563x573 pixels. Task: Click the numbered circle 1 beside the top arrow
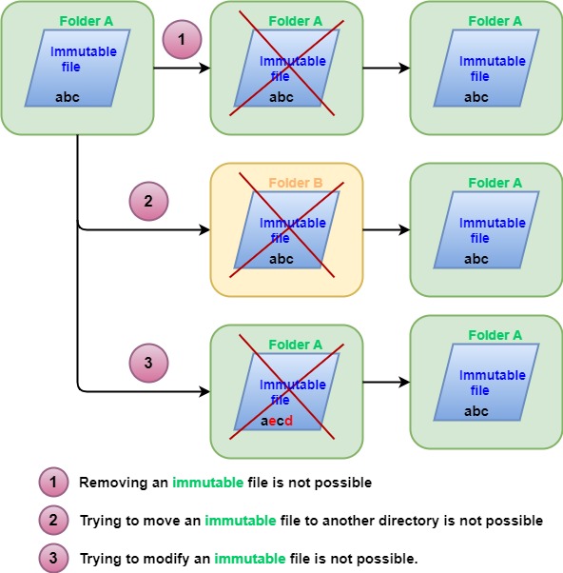coord(180,40)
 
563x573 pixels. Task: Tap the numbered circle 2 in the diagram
coord(147,202)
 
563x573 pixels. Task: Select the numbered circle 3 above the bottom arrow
coord(147,363)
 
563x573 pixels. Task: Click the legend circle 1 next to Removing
coord(53,483)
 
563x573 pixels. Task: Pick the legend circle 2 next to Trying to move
coord(53,521)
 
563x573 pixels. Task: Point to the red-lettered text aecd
coord(277,420)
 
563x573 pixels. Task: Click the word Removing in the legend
coord(113,483)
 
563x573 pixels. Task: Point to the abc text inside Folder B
coord(281,259)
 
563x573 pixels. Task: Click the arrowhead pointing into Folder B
coord(204,230)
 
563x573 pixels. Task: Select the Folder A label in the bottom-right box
coord(495,335)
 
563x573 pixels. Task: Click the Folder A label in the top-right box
coord(495,21)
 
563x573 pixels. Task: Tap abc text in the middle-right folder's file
coord(476,259)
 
